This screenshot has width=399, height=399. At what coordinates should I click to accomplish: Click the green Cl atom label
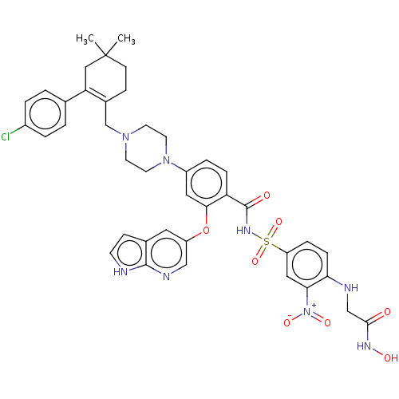click(x=6, y=136)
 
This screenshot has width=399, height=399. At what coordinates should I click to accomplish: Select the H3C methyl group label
click(x=85, y=39)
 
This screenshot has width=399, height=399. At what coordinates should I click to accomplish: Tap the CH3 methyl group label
click(x=126, y=39)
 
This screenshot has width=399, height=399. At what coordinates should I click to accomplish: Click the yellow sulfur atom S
click(x=267, y=242)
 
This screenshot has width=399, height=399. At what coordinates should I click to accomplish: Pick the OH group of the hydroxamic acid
click(x=391, y=358)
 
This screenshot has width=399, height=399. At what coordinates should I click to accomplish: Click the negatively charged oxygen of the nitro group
click(x=287, y=322)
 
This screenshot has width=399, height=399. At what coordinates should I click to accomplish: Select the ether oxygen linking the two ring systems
click(x=206, y=230)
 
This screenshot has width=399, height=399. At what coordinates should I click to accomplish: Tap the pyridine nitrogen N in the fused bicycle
click(x=166, y=277)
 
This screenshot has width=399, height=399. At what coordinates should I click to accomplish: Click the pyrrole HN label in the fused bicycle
click(x=120, y=272)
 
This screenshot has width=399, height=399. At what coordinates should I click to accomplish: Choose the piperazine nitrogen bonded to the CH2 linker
click(x=125, y=137)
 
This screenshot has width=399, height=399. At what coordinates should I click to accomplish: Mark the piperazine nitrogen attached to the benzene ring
click(x=166, y=160)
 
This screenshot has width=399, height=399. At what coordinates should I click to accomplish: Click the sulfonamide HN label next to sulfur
click(x=243, y=231)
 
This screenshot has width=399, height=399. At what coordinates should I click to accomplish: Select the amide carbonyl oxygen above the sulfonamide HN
click(x=267, y=196)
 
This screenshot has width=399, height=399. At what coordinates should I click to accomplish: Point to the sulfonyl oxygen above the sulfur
click(x=279, y=222)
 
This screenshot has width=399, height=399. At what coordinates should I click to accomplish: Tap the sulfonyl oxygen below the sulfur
click(x=255, y=261)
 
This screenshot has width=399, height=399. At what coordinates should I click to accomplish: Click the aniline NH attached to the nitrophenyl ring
click(x=351, y=287)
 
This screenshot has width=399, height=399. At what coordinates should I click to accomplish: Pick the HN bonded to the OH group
click(x=364, y=346)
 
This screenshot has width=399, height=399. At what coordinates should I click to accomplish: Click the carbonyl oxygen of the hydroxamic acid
click(x=387, y=311)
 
